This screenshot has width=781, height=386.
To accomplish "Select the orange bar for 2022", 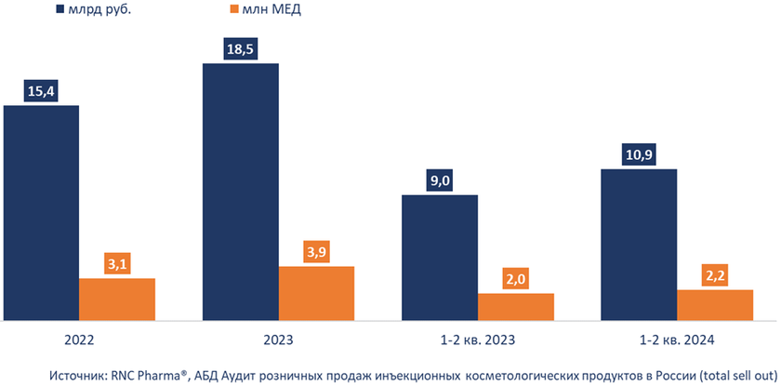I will tap(117, 299).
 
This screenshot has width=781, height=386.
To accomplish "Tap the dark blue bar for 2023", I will tap(240, 192).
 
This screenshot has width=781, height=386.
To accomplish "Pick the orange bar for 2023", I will tap(316, 293).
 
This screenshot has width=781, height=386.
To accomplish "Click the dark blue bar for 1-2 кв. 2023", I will tap(440, 258).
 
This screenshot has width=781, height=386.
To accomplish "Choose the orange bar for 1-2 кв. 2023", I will tap(516, 306).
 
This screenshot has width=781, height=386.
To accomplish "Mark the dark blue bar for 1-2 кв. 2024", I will tap(639, 245).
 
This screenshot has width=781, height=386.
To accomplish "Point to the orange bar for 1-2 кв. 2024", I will tap(715, 304).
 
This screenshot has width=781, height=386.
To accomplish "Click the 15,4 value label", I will tap(41, 91).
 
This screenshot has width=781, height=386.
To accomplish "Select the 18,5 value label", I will tap(240, 49).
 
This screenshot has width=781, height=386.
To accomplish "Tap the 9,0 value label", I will tap(440, 180).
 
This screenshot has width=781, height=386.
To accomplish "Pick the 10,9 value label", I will tap(639, 154).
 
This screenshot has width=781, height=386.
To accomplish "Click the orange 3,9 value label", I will tap(316, 252).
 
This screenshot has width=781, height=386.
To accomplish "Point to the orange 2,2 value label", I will tap(715, 275).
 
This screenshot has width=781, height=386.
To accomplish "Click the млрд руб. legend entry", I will tap(92, 11).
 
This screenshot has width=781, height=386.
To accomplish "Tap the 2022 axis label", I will tap(79, 339).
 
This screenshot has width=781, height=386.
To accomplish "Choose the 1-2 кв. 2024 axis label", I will tap(677, 339).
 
